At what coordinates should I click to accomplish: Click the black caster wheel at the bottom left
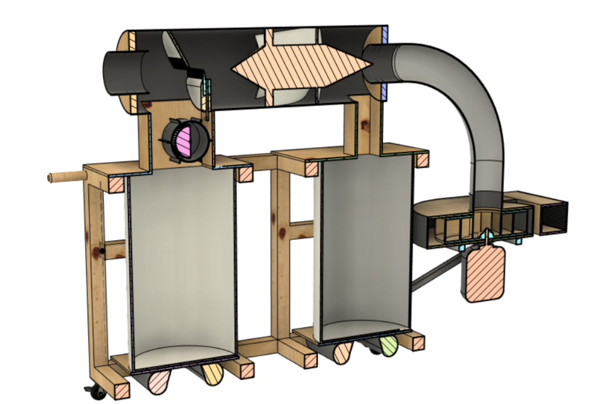pos(97,393)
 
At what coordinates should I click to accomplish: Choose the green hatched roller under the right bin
pos(388,345)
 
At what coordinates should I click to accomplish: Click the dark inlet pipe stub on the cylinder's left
pos(124,73)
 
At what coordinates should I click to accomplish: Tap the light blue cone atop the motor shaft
pos(485,235)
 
